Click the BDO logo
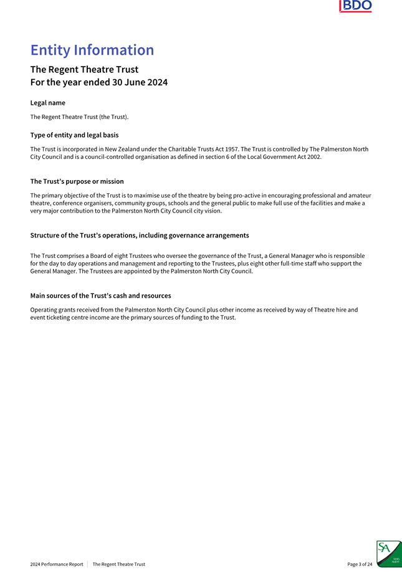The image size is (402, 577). [x=355, y=7]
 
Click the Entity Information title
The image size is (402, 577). [x=92, y=50]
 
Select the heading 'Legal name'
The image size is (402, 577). [x=47, y=102]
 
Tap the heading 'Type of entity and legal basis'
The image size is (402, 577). [x=74, y=135]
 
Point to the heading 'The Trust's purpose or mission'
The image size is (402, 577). [x=77, y=181]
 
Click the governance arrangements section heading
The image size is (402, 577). [x=139, y=236]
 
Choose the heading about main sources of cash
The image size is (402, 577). [x=100, y=295]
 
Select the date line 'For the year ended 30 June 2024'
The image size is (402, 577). [x=98, y=82]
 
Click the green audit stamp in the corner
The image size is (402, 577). [x=389, y=553]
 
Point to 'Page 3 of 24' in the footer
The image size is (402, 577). [x=360, y=565]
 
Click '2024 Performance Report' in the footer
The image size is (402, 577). [x=57, y=565]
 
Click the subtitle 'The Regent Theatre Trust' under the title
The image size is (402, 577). [x=84, y=69]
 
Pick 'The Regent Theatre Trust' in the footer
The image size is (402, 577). [x=118, y=565]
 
